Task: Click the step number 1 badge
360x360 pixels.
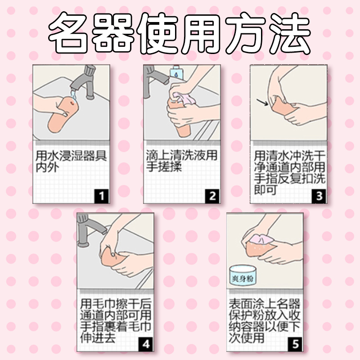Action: tap(102, 196)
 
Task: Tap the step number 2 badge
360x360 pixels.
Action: tap(212, 196)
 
